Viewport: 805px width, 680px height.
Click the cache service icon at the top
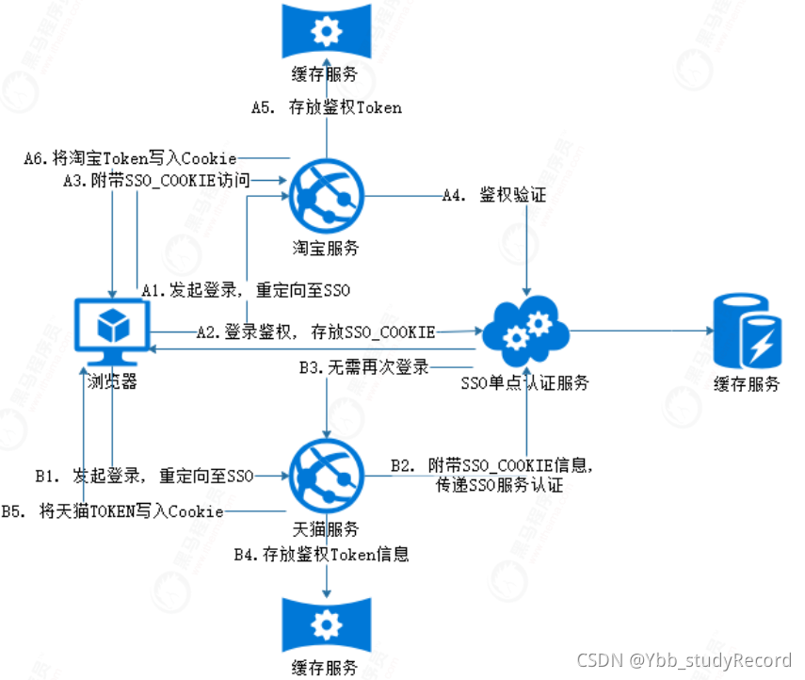pyautogui.click(x=326, y=32)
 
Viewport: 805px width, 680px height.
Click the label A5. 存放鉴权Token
pyautogui.click(x=326, y=107)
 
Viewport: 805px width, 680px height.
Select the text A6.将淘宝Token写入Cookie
pyautogui.click(x=130, y=158)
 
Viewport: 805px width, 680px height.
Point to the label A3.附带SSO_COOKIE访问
pyautogui.click(x=155, y=180)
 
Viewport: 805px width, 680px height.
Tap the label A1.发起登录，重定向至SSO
pyautogui.click(x=246, y=291)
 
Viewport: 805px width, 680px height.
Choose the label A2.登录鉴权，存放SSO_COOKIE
pyautogui.click(x=315, y=332)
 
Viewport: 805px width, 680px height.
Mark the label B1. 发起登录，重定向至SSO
pyautogui.click(x=144, y=476)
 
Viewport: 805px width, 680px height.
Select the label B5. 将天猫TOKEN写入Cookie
pyautogui.click(x=112, y=511)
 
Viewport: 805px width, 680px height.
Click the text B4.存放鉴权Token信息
pyautogui.click(x=322, y=555)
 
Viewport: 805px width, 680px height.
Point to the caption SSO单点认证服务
pyautogui.click(x=525, y=382)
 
